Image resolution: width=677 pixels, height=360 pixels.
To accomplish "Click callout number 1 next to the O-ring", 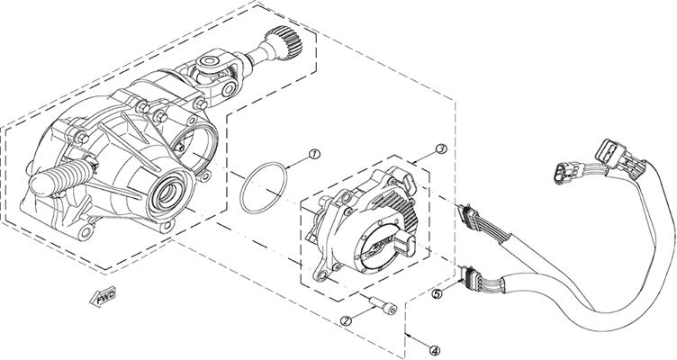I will pyautogui.click(x=313, y=154).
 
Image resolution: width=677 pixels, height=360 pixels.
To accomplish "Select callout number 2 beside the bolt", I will pyautogui.click(x=346, y=319).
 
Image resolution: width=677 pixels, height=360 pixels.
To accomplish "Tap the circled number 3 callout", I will pyautogui.click(x=441, y=148).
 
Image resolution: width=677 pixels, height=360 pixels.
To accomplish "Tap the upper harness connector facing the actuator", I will pyautogui.click(x=470, y=216).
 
